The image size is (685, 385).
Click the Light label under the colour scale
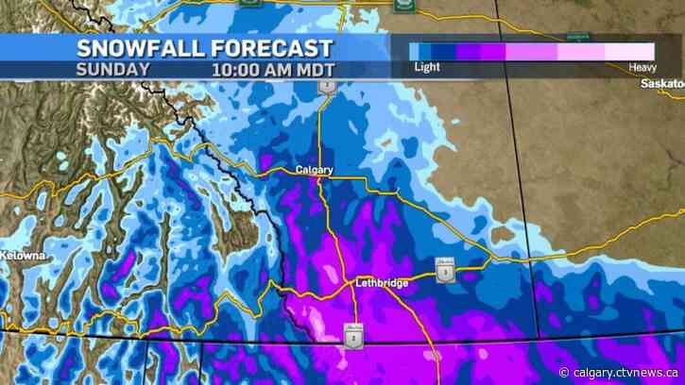coord(427,68)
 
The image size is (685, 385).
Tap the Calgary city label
coord(315,170)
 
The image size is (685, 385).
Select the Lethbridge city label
coord(383,282)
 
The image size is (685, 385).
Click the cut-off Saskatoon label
coord(660,84)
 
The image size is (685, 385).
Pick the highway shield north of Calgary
coord(327,87)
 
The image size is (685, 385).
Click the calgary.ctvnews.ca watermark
coord(625,372)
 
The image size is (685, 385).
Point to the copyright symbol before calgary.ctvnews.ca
coord(564,372)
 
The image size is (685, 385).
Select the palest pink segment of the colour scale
coord(630,51)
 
